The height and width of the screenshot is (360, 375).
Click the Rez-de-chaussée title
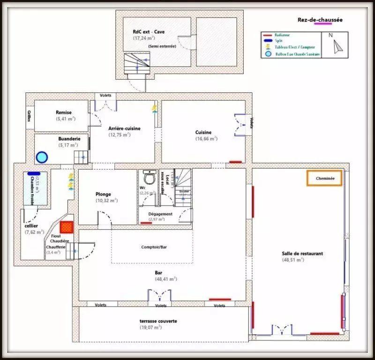tap(320, 20)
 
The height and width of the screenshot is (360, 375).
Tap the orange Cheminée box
tap(324, 179)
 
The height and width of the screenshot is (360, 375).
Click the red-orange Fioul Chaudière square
tap(67, 227)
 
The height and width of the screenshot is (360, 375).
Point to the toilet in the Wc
tap(149, 178)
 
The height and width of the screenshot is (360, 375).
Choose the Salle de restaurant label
tap(302, 254)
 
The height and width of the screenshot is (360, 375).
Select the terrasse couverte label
tap(158, 321)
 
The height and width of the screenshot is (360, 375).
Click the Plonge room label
tap(103, 194)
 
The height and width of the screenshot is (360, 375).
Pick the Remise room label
tap(63, 112)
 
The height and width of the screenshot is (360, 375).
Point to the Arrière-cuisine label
tap(124, 128)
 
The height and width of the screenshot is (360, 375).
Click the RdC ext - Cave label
tap(149, 32)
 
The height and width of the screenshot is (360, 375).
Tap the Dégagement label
tap(160, 214)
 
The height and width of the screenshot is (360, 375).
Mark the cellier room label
tap(31, 225)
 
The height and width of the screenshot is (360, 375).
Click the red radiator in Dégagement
tap(146, 224)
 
